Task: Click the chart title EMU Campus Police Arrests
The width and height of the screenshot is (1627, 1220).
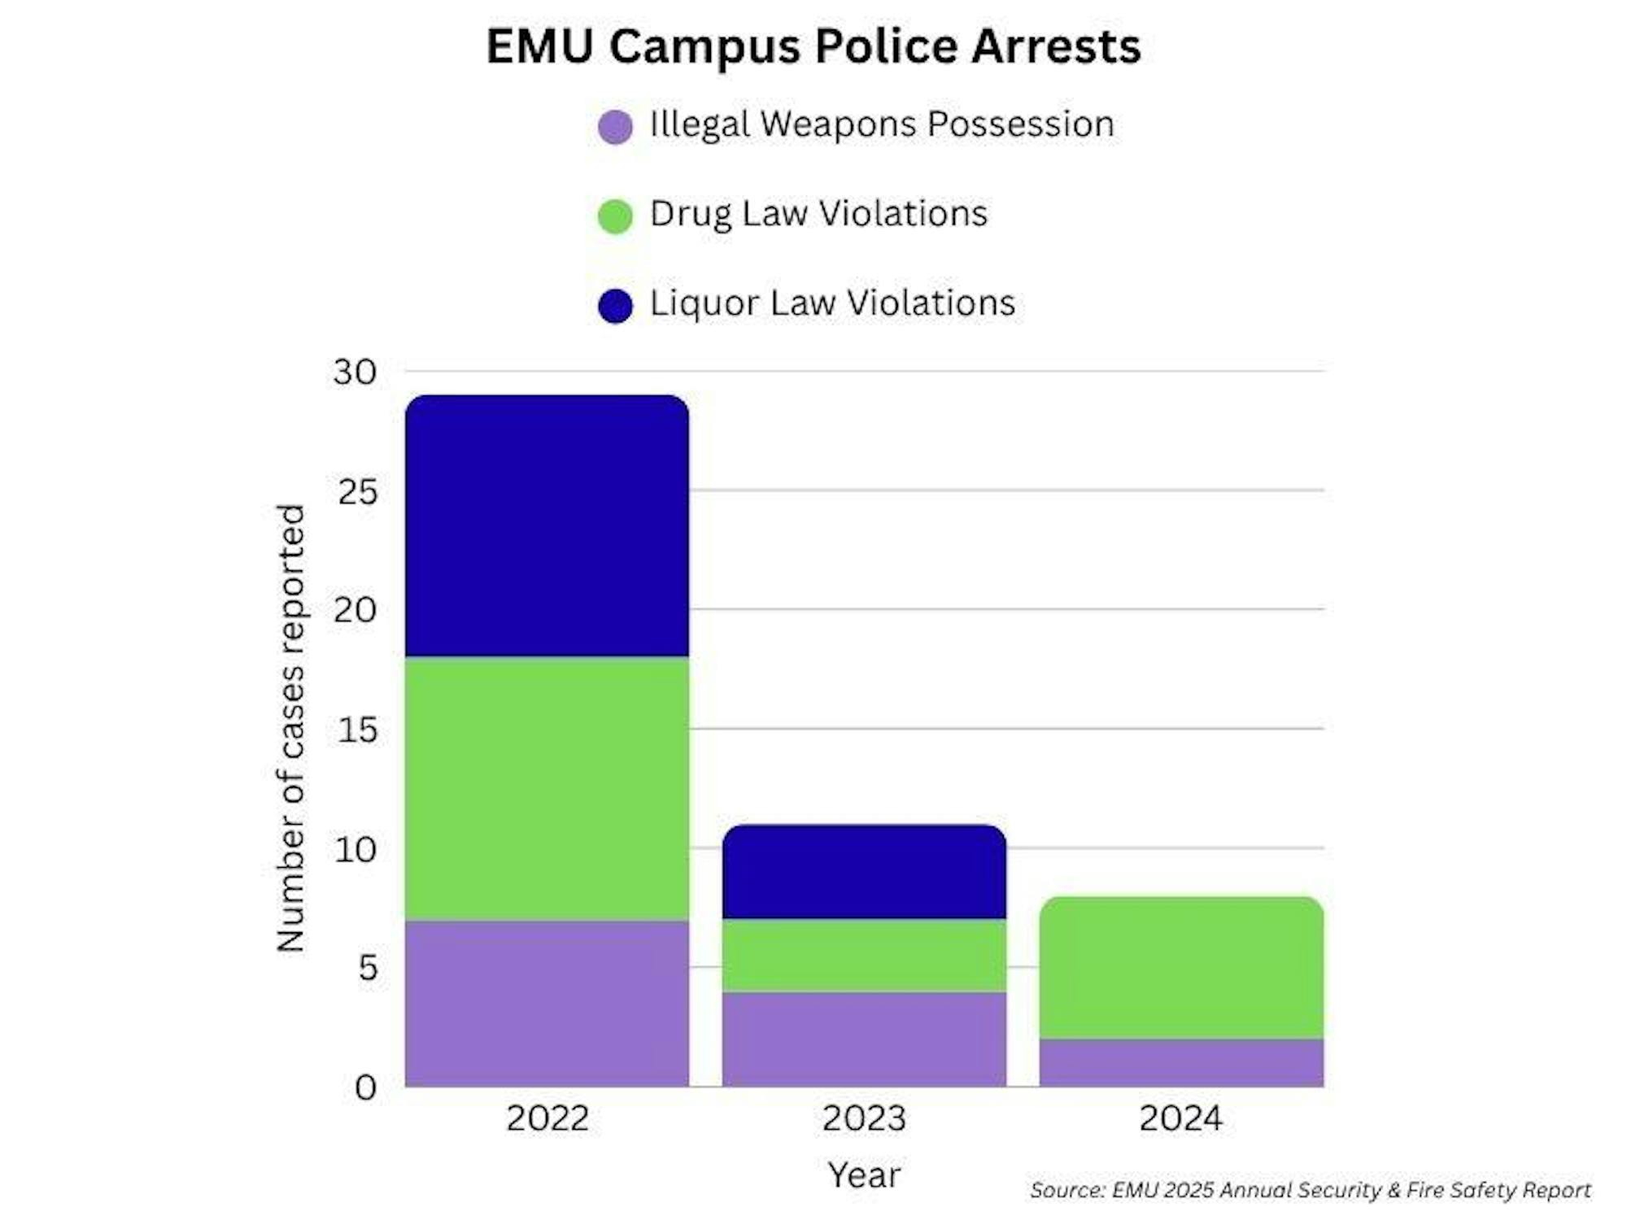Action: click(813, 46)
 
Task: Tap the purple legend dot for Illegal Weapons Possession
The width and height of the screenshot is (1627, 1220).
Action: click(615, 127)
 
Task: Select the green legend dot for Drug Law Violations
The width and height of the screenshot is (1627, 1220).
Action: click(615, 216)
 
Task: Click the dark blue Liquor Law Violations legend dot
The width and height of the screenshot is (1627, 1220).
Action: click(615, 306)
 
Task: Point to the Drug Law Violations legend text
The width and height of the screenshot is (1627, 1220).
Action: click(818, 214)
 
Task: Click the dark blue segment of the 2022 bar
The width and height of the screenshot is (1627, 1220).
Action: click(547, 527)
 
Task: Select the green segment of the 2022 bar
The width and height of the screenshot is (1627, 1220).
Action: click(547, 789)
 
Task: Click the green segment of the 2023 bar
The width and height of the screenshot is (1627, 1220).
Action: click(864, 956)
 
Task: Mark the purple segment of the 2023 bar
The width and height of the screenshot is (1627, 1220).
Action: click(864, 1039)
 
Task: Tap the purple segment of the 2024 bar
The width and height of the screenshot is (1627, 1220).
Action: click(1181, 1062)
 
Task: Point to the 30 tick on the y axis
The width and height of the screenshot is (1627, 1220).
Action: click(355, 373)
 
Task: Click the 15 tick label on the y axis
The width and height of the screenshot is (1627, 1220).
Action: click(357, 730)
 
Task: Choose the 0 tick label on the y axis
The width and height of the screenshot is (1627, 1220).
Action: click(366, 1087)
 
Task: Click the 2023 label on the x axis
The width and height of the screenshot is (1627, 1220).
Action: click(864, 1118)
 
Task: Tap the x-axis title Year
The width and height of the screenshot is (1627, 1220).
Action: click(864, 1175)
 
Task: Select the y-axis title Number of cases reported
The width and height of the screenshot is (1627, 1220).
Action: click(290, 728)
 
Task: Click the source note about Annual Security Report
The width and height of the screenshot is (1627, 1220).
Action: click(1310, 1190)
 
